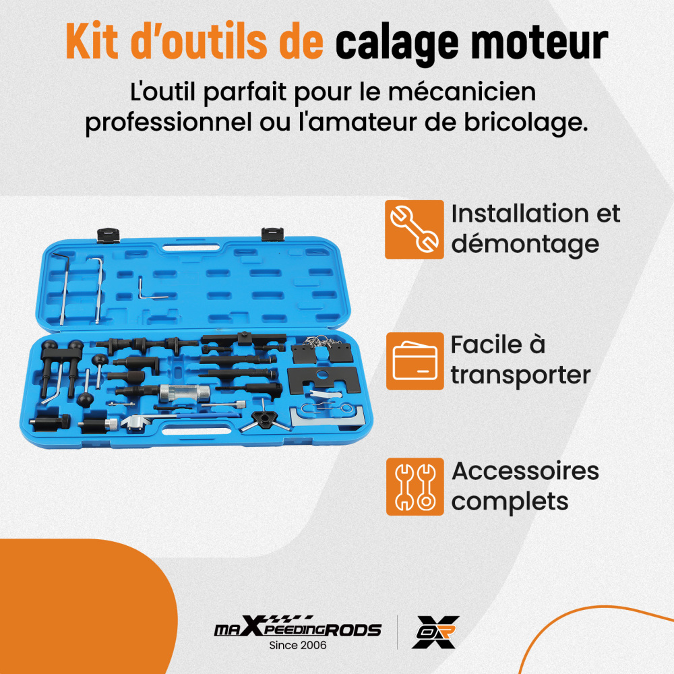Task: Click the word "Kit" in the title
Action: click(92, 41)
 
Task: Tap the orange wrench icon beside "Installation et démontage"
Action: click(414, 229)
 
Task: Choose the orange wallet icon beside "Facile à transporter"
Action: click(415, 361)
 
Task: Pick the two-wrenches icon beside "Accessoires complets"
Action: click(415, 486)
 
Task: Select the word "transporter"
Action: click(520, 375)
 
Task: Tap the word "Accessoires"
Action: click(525, 470)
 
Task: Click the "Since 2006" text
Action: click(297, 645)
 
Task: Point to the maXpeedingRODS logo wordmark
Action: click(297, 627)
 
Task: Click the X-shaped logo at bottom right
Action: click(435, 632)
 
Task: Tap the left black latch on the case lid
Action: click(108, 235)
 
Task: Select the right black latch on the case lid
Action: click(272, 235)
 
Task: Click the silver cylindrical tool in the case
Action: click(185, 393)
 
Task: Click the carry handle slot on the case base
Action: click(196, 429)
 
